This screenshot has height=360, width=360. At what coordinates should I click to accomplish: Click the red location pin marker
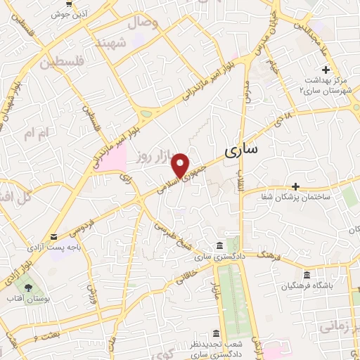[x=181, y=165]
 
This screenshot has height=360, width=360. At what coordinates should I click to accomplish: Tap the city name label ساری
[x=242, y=150]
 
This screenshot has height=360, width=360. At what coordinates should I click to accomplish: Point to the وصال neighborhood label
[x=144, y=22]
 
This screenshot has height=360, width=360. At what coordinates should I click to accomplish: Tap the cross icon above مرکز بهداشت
[x=325, y=70]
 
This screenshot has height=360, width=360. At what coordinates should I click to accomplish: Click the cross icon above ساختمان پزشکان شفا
[x=296, y=187]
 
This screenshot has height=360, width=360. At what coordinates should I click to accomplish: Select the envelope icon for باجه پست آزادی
[x=54, y=237]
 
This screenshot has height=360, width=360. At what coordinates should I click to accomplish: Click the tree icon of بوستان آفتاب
[x=28, y=288]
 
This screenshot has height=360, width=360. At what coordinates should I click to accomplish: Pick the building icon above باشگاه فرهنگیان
[x=306, y=275]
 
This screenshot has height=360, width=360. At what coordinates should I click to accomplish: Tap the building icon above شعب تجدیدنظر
[x=216, y=333]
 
